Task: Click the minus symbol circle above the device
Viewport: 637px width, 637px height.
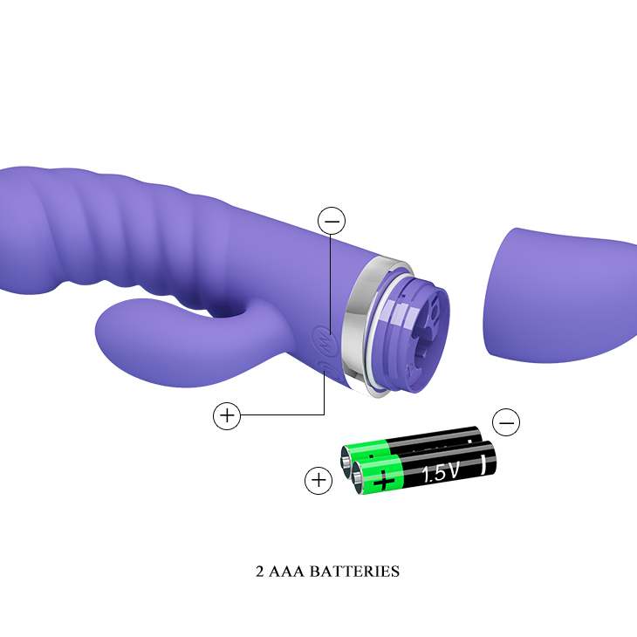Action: click(332, 221)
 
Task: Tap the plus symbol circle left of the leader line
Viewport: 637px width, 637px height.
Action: click(227, 415)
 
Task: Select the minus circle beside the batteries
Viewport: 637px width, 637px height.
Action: click(506, 422)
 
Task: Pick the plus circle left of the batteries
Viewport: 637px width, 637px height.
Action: click(318, 481)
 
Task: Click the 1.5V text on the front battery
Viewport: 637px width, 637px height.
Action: click(440, 472)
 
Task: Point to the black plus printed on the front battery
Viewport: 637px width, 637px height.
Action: click(384, 482)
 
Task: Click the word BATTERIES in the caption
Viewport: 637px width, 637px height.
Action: click(354, 572)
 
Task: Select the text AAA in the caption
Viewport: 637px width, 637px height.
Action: click(286, 572)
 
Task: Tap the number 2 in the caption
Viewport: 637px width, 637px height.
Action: click(260, 572)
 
